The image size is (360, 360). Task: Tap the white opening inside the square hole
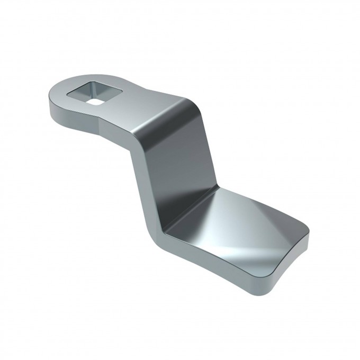click(x=96, y=98)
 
